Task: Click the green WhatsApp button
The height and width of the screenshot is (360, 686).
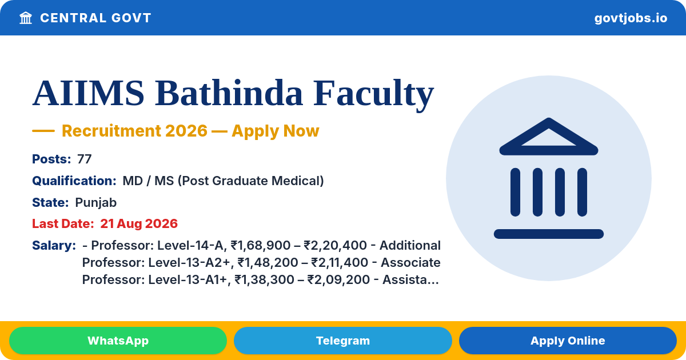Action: [118, 341]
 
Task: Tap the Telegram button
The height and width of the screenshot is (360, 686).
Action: [342, 341]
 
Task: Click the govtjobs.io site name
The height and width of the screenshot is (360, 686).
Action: [631, 18]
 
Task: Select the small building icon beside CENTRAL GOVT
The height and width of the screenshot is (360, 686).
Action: [26, 18]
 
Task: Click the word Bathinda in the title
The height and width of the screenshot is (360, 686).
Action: [229, 93]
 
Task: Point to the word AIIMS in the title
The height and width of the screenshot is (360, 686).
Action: [88, 93]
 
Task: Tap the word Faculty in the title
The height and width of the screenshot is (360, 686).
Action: [373, 94]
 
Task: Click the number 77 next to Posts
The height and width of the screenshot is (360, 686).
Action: [84, 159]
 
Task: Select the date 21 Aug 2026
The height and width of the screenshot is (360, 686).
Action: [139, 224]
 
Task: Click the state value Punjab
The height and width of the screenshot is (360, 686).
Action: [96, 203]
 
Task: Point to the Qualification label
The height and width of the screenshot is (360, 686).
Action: [74, 181]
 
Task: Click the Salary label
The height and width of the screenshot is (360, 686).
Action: [54, 246]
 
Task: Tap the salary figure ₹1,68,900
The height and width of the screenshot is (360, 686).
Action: [261, 246]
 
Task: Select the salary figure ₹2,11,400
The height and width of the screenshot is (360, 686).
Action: [340, 263]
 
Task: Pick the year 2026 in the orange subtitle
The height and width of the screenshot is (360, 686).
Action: [186, 131]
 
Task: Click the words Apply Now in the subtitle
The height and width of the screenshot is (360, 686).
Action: [276, 131]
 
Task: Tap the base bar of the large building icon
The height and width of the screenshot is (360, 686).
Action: [548, 234]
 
